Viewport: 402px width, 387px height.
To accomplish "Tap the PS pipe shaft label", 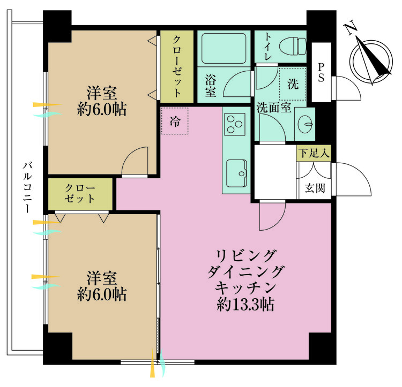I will (322, 72).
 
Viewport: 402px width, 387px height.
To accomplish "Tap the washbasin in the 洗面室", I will (306, 123).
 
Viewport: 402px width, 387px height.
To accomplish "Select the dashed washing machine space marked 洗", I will (292, 84).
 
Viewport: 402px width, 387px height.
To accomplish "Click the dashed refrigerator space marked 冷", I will (175, 122).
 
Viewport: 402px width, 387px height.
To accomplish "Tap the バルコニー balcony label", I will (26, 188).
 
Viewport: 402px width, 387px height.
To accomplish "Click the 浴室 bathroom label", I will (210, 85).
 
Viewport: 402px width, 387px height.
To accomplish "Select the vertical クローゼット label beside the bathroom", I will (176, 65).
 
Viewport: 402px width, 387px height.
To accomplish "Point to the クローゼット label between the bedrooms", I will (80, 194).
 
